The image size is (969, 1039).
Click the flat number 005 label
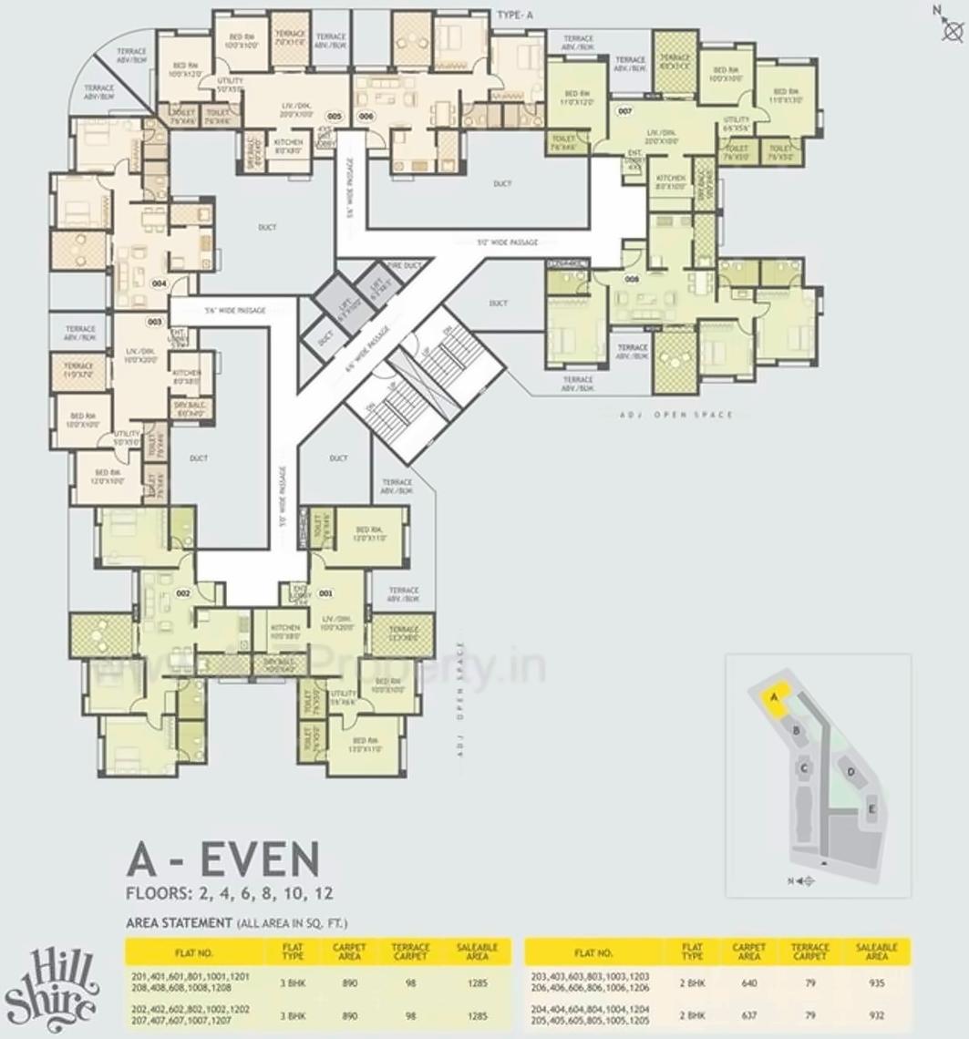point(334,117)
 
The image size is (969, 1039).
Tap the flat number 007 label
point(624,111)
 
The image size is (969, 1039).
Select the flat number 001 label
point(325,593)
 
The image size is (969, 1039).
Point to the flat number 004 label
point(159,283)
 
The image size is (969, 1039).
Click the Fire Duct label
point(405,265)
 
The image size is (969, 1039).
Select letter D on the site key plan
point(850,772)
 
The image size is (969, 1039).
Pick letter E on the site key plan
point(872,809)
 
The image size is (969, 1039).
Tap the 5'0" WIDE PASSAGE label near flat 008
point(508,242)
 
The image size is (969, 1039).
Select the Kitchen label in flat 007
point(671,180)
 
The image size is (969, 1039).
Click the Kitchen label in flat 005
point(288,144)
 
